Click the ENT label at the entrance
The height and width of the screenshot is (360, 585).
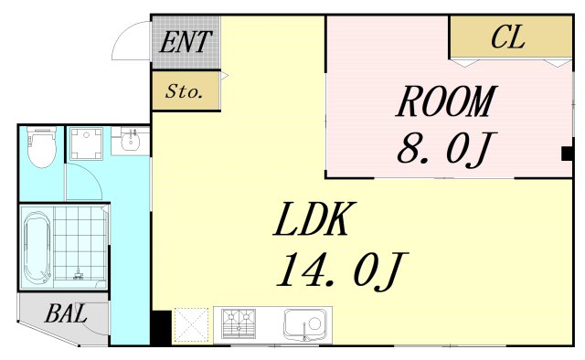pos(186,41)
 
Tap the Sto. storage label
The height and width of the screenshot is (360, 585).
pos(185,91)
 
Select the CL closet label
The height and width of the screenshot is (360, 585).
pos(508,37)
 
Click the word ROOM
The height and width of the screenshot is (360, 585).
pos(446,101)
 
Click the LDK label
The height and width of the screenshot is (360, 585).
pos(314,218)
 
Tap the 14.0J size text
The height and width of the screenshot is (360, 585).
pos(342,270)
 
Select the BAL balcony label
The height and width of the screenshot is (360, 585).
pos(66,313)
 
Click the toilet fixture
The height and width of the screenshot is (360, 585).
pos(41,147)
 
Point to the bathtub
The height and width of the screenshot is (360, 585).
pos(37,249)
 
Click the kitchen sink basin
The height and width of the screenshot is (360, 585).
pos(305,323)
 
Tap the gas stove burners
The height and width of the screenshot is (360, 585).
pos(239,323)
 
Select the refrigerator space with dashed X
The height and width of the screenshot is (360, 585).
pos(191,325)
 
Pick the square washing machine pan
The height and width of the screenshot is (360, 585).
pos(87,143)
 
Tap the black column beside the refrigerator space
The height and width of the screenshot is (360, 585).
pos(161,327)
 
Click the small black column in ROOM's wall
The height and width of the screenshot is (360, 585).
pos(567,154)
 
